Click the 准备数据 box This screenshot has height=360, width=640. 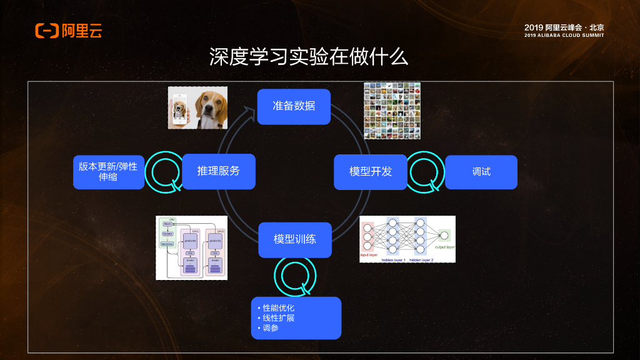(x=294, y=106)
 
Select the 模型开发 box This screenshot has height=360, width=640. (x=371, y=172)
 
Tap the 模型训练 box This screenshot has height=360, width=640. (x=294, y=239)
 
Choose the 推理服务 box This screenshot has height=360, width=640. (x=219, y=171)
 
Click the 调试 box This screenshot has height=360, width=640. (x=481, y=172)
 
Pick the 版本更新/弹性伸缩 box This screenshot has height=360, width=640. (x=108, y=172)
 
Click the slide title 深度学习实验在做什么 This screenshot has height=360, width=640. (x=308, y=57)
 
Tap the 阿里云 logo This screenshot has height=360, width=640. (x=69, y=30)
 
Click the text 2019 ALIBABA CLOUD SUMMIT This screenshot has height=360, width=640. (x=564, y=36)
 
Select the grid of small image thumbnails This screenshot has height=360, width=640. (x=392, y=111)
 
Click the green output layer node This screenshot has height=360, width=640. (x=444, y=236)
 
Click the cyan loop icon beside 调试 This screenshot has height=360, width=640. (x=425, y=172)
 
